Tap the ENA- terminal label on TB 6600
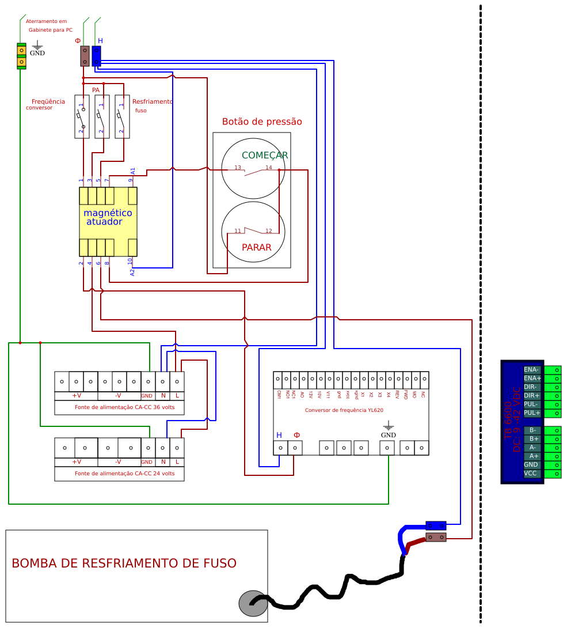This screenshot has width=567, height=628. [532, 369]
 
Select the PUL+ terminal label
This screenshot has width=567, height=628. [532, 413]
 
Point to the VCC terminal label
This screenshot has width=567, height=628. [531, 474]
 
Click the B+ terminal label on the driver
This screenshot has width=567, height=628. [533, 438]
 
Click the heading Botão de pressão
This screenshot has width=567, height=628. [262, 122]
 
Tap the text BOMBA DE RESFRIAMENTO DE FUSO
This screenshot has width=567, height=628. [124, 563]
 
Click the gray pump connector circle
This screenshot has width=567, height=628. [252, 603]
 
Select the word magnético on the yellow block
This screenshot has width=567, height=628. [108, 213]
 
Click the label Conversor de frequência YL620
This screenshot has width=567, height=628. [344, 410]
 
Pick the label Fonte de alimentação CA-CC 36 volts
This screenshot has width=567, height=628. [120, 407]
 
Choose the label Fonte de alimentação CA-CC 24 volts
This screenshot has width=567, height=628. [120, 474]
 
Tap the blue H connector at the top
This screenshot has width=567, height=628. [96, 56]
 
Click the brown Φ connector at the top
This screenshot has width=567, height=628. [85, 56]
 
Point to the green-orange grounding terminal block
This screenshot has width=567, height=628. [22, 56]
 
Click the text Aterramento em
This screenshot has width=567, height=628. [46, 21]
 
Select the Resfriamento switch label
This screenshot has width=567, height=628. [152, 102]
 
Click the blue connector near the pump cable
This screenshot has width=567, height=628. [436, 525]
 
